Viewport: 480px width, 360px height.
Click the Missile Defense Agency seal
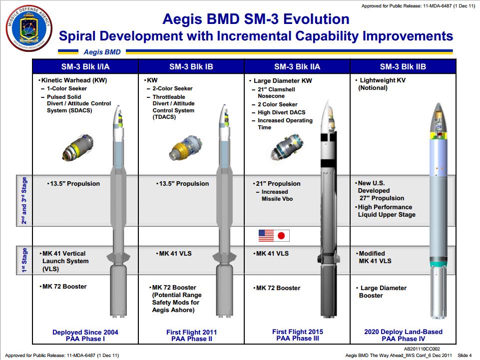29,28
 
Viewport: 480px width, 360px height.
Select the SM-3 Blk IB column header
191,67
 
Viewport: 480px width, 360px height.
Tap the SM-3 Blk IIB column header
403,67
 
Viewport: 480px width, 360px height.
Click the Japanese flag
281,236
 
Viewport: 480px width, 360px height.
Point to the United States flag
266,236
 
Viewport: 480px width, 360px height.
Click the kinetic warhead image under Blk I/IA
78,147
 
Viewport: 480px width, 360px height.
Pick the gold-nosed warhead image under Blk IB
185,148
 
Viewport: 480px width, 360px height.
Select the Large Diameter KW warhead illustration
287,147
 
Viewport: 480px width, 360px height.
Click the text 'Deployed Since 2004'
85,332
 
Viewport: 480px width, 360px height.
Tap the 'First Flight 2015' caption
298,332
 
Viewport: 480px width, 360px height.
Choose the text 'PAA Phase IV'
404,339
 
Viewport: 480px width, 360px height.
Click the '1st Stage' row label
24,260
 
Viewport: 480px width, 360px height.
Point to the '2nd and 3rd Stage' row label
24,201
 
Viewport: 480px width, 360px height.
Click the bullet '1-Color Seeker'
67,88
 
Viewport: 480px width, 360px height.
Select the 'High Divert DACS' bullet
281,112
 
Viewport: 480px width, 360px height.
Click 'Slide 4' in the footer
465,356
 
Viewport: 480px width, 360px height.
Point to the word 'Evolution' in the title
316,19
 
